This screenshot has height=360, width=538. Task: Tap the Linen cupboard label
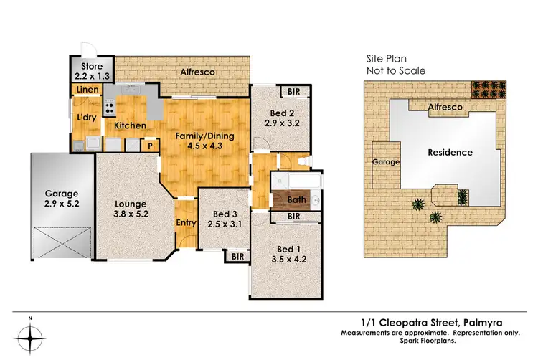point(88,89)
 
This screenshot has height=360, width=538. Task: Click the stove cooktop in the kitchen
point(110,109)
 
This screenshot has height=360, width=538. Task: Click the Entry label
point(186,223)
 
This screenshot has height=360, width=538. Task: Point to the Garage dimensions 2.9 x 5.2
point(61,204)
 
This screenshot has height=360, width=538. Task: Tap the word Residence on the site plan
point(450,152)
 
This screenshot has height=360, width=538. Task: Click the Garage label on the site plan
point(385,163)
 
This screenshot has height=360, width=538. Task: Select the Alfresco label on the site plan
point(445,107)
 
